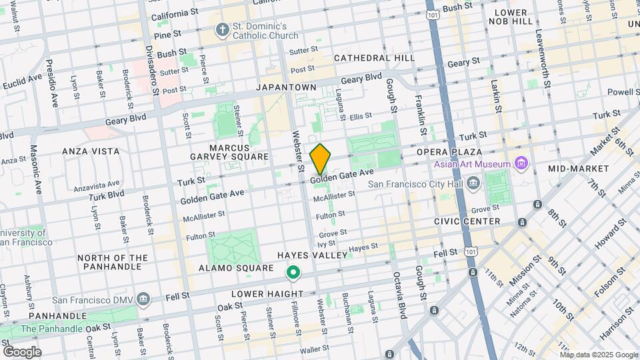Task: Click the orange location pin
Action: click(321, 159)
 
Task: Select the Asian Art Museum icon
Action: click(522, 164)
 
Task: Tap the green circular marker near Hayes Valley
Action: click(292, 273)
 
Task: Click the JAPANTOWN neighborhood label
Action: click(286, 87)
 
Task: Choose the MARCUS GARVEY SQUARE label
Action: click(239, 152)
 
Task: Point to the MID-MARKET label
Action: click(578, 169)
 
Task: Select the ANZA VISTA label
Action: click(91, 151)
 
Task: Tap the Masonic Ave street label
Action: click(39, 177)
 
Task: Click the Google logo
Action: click(22, 351)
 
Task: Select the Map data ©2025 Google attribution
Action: click(598, 355)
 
